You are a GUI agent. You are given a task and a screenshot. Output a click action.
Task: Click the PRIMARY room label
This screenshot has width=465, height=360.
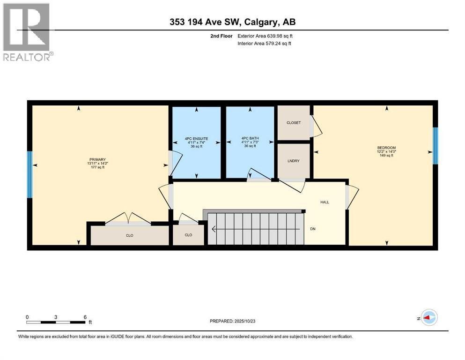97,160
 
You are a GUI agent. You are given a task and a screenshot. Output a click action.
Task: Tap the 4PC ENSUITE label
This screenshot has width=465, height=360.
196,139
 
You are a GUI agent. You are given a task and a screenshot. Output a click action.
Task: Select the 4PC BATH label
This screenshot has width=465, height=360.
250,138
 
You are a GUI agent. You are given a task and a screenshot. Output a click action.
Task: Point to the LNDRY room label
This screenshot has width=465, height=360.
294,161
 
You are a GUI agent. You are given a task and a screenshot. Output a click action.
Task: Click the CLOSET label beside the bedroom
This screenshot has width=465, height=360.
294,122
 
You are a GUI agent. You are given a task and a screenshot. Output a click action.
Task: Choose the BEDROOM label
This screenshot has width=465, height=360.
386,148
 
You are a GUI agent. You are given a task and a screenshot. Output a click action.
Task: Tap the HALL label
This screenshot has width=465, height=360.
325,202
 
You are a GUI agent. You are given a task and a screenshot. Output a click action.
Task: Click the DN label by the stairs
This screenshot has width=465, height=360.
312,229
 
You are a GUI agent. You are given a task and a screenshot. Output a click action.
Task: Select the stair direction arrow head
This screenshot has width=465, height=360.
213,229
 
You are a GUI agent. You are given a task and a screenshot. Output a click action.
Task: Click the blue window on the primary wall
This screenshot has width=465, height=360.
30,175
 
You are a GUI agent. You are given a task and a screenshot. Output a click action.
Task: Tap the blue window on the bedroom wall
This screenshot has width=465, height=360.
435,146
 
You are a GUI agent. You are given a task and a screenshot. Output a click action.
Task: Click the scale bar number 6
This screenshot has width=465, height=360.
85,317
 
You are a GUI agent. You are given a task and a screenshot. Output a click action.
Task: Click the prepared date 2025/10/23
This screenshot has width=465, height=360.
244,321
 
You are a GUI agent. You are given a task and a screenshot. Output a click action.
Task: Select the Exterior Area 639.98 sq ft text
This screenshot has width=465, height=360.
265,36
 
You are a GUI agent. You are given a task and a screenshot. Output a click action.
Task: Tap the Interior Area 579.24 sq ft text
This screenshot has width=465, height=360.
264,43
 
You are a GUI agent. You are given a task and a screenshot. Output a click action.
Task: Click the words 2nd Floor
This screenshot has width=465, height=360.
221,36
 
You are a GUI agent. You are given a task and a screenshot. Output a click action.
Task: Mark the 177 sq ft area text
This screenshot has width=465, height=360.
97,167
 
